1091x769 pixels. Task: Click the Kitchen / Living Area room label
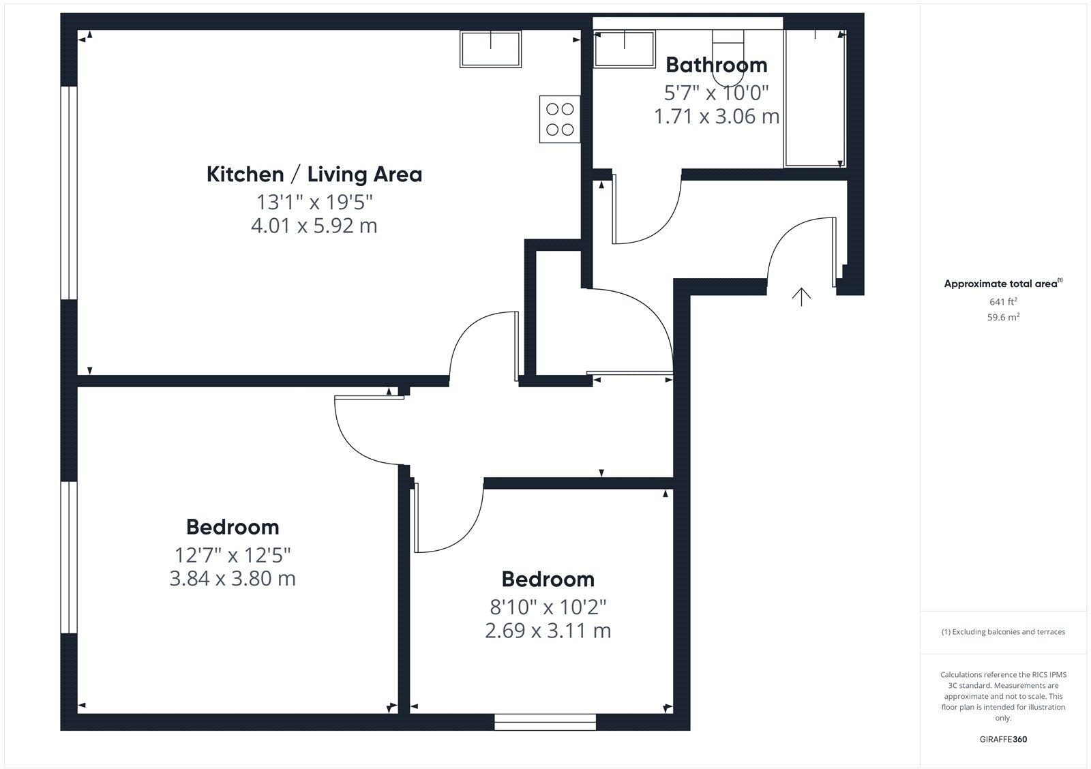pyautogui.click(x=314, y=175)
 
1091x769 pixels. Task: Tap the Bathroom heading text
pyautogui.click(x=716, y=65)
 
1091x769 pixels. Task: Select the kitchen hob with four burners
pyautogui.click(x=560, y=119)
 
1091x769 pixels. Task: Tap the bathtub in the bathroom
pyautogui.click(x=816, y=98)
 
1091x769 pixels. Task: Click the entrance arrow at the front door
pyautogui.click(x=801, y=297)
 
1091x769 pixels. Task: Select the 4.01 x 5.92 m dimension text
pyautogui.click(x=314, y=226)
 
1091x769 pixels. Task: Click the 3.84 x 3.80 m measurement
pyautogui.click(x=233, y=579)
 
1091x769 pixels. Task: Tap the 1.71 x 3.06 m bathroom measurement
pyautogui.click(x=716, y=117)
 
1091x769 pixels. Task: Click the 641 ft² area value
pyautogui.click(x=1003, y=301)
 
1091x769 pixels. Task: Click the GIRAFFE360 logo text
pyautogui.click(x=1003, y=739)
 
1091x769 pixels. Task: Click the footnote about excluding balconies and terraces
pyautogui.click(x=1003, y=632)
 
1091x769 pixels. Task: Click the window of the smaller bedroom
pyautogui.click(x=545, y=722)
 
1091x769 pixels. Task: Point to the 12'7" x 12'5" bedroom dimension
pyautogui.click(x=233, y=554)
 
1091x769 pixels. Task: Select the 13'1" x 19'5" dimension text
pyautogui.click(x=314, y=202)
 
